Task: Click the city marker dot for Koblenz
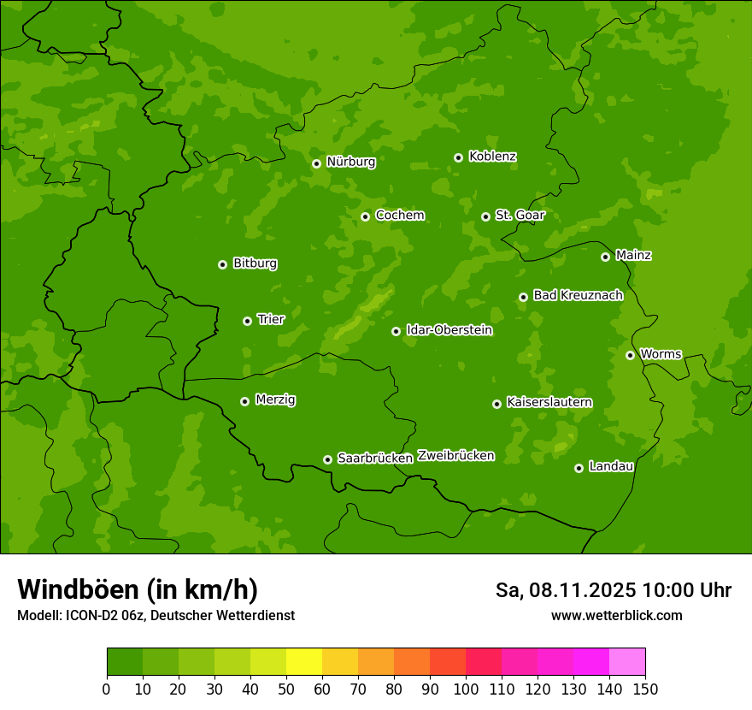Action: pos(459,157)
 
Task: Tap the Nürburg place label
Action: pos(350,162)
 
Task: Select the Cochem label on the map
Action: pos(400,216)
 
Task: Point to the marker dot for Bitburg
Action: pos(223,264)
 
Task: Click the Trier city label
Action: pos(271,319)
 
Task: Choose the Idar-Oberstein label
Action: pos(449,330)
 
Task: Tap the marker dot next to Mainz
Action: pos(606,257)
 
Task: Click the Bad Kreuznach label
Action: pos(578,295)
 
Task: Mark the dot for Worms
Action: pos(631,355)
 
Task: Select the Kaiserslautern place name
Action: pos(549,402)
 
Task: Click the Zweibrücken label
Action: pos(455,456)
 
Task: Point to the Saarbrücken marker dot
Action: pos(327,459)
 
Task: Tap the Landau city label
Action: pos(611,466)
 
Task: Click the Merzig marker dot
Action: pos(245,401)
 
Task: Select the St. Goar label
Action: pos(520,216)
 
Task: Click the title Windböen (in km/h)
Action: pos(138,589)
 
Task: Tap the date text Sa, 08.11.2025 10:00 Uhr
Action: pos(613,590)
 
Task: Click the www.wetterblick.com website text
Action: pos(616,615)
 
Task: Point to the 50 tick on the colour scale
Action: pos(286,689)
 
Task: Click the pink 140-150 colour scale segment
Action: pos(627,662)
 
